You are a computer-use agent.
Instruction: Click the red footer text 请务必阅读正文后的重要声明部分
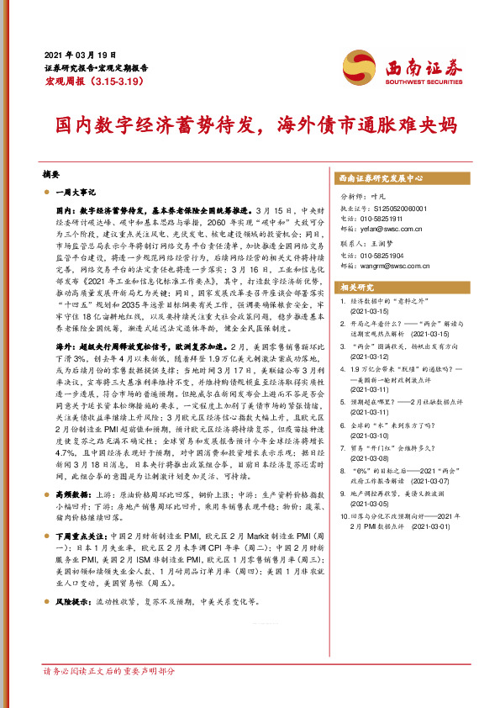pyautogui.click(x=109, y=672)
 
